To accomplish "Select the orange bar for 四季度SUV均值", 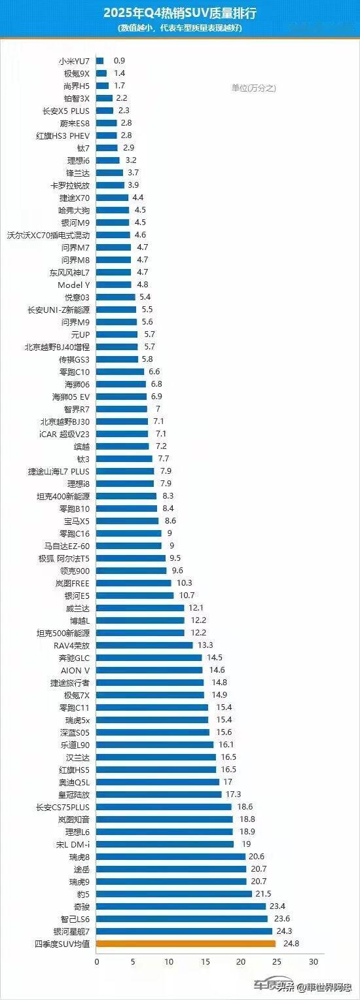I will coord(186,943).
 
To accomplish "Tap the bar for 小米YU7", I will coord(100,61).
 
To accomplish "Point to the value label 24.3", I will coord(283,931).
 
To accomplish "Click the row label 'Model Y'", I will coord(74,285).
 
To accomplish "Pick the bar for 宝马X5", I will coord(128,520).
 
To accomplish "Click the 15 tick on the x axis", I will coord(206,962).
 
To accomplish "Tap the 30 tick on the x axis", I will coord(314,962).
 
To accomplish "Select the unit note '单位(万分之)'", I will coord(253,88).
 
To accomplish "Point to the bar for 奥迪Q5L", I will coord(158,781).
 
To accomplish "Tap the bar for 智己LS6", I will coord(182,918).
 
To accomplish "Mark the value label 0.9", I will coord(119,61).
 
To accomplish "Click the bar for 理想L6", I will coord(165,831).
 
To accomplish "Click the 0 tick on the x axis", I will coord(97,962).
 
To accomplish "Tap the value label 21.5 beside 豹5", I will coord(263,893).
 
